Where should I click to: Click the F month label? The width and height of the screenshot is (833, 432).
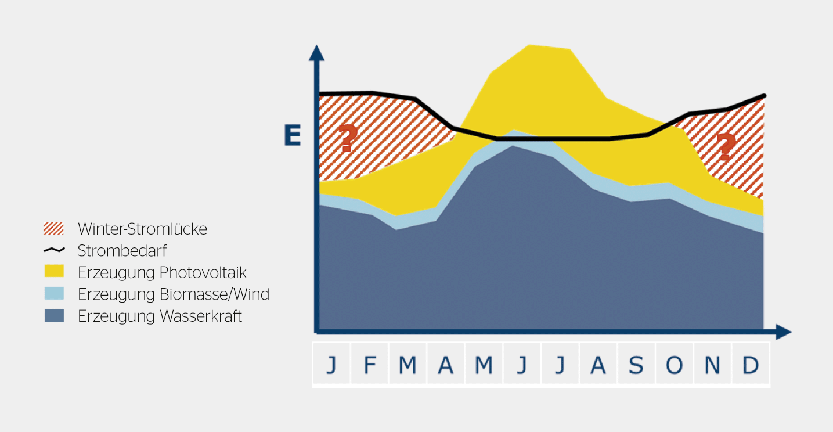[370, 365]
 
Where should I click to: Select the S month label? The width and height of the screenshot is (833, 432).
[636, 365]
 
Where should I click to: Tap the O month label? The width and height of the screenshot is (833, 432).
[674, 365]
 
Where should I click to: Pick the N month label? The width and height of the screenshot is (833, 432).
[712, 365]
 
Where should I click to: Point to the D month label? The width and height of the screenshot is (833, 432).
[751, 365]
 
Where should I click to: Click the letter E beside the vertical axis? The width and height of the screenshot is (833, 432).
[293, 135]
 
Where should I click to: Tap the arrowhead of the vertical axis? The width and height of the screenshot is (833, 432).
[316, 53]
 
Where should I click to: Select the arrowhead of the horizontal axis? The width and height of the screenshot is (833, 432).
[784, 332]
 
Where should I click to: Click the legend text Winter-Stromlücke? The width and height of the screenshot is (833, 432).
[142, 229]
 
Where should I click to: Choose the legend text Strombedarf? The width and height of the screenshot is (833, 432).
[122, 250]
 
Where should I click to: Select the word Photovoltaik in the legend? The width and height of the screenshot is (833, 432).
[203, 272]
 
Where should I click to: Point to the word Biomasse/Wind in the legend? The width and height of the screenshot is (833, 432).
[215, 294]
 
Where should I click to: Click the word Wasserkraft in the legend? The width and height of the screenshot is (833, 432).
[201, 316]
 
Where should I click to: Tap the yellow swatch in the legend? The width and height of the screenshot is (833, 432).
[54, 271]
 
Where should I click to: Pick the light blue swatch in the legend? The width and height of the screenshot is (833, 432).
[54, 293]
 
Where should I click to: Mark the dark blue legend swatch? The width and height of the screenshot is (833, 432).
[55, 315]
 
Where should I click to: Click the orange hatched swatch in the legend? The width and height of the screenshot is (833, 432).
[53, 228]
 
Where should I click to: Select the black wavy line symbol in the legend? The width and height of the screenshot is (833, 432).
[55, 250]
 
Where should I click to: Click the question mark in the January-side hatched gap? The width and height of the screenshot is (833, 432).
[348, 138]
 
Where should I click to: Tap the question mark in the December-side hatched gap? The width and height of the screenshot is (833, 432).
[726, 146]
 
